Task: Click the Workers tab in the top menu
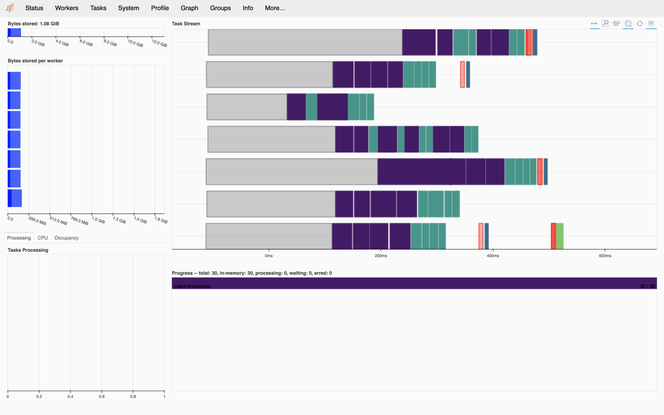pyautogui.click(x=66, y=8)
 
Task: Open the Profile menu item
pyautogui.click(x=160, y=8)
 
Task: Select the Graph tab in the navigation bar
pyautogui.click(x=189, y=8)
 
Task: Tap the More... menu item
pyautogui.click(x=275, y=8)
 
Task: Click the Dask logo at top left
pyautogui.click(x=10, y=8)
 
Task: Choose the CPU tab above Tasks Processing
pyautogui.click(x=43, y=238)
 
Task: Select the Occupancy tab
pyautogui.click(x=66, y=238)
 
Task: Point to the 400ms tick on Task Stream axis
pyautogui.click(x=493, y=256)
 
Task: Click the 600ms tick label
pyautogui.click(x=605, y=256)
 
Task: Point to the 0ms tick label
pyautogui.click(x=269, y=256)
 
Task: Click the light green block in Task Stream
pyautogui.click(x=560, y=236)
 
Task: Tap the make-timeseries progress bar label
pyautogui.click(x=192, y=286)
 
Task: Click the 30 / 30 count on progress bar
pyautogui.click(x=647, y=286)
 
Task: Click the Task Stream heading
pyautogui.click(x=186, y=24)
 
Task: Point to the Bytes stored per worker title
pyautogui.click(x=35, y=61)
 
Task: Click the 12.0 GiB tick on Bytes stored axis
pyautogui.click(x=159, y=43)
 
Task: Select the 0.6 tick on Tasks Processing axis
pyautogui.click(x=101, y=397)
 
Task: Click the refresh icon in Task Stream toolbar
pyautogui.click(x=639, y=23)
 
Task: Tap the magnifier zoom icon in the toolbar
pyautogui.click(x=605, y=23)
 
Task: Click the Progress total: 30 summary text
pyautogui.click(x=252, y=273)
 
